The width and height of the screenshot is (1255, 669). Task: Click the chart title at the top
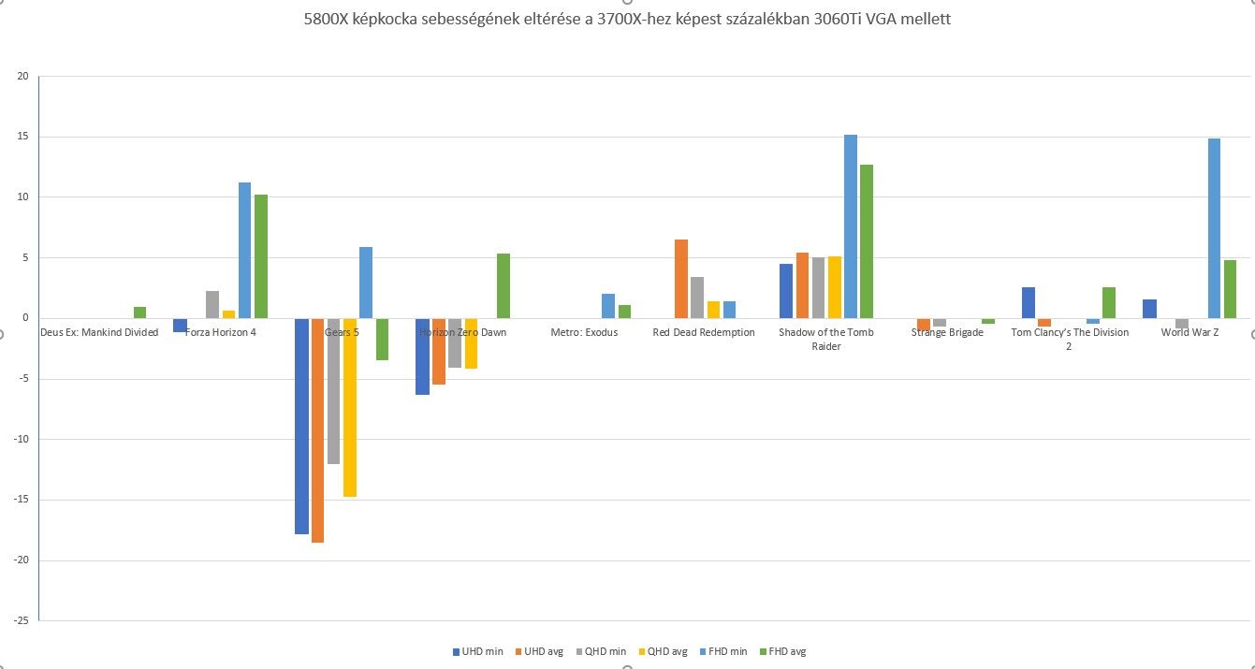coord(627,19)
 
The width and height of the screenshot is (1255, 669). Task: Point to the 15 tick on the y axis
coord(23,137)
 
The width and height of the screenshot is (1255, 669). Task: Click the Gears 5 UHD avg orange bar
coord(317,430)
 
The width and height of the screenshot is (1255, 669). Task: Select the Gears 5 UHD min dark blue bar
coord(301,426)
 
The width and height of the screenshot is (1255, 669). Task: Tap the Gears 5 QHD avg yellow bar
coord(350,407)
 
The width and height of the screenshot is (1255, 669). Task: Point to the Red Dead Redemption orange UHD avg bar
coord(680,279)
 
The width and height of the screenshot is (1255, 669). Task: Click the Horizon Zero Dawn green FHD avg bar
coord(503,285)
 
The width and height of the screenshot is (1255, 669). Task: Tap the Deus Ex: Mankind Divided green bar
coord(139,313)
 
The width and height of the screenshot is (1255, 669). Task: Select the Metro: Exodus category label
coord(584,332)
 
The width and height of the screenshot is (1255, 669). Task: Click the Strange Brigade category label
coord(947,332)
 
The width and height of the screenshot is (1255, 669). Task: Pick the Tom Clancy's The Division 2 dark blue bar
coord(1029,302)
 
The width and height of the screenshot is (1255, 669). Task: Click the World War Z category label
coord(1189,332)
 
